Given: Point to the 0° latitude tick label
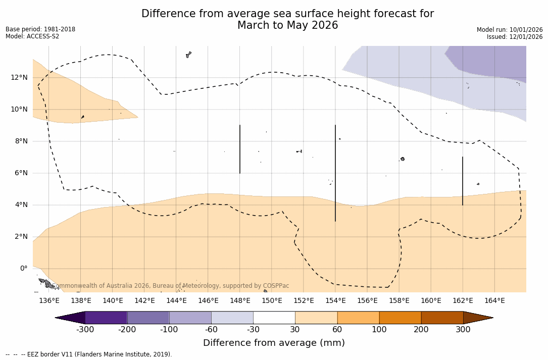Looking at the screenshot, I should pos(23,269).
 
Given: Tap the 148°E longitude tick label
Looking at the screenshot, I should pos(240,301).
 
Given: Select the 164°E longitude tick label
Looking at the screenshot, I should pos(494,301).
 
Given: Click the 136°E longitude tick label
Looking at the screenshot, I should pos(49,301).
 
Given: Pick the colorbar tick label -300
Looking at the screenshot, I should pos(85,330).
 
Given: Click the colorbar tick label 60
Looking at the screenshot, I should pos(337,330).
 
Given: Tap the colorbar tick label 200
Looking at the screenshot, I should pos(421,330).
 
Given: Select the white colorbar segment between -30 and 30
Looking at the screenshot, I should pos(274,318).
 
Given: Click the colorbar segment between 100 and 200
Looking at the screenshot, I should pos(400,318).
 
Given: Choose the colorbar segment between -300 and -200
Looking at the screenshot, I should pos(106,318).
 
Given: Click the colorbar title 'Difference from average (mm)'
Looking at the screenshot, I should pos(274,343).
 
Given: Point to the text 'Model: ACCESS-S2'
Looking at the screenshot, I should pos(32,36).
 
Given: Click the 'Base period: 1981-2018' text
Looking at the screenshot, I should pos(40,29).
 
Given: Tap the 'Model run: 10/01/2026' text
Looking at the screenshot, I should pos(510,30).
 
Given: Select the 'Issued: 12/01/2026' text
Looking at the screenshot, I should pos(515,37).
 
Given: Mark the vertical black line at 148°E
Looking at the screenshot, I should pos(240,149).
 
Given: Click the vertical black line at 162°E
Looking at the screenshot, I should pos(463,181).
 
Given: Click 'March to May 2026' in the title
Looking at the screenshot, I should pos(287,25).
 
